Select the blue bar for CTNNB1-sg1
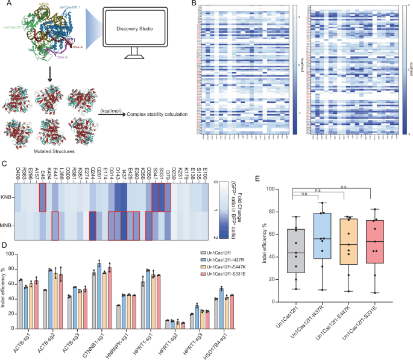pyautogui.click(x=98, y=281)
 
